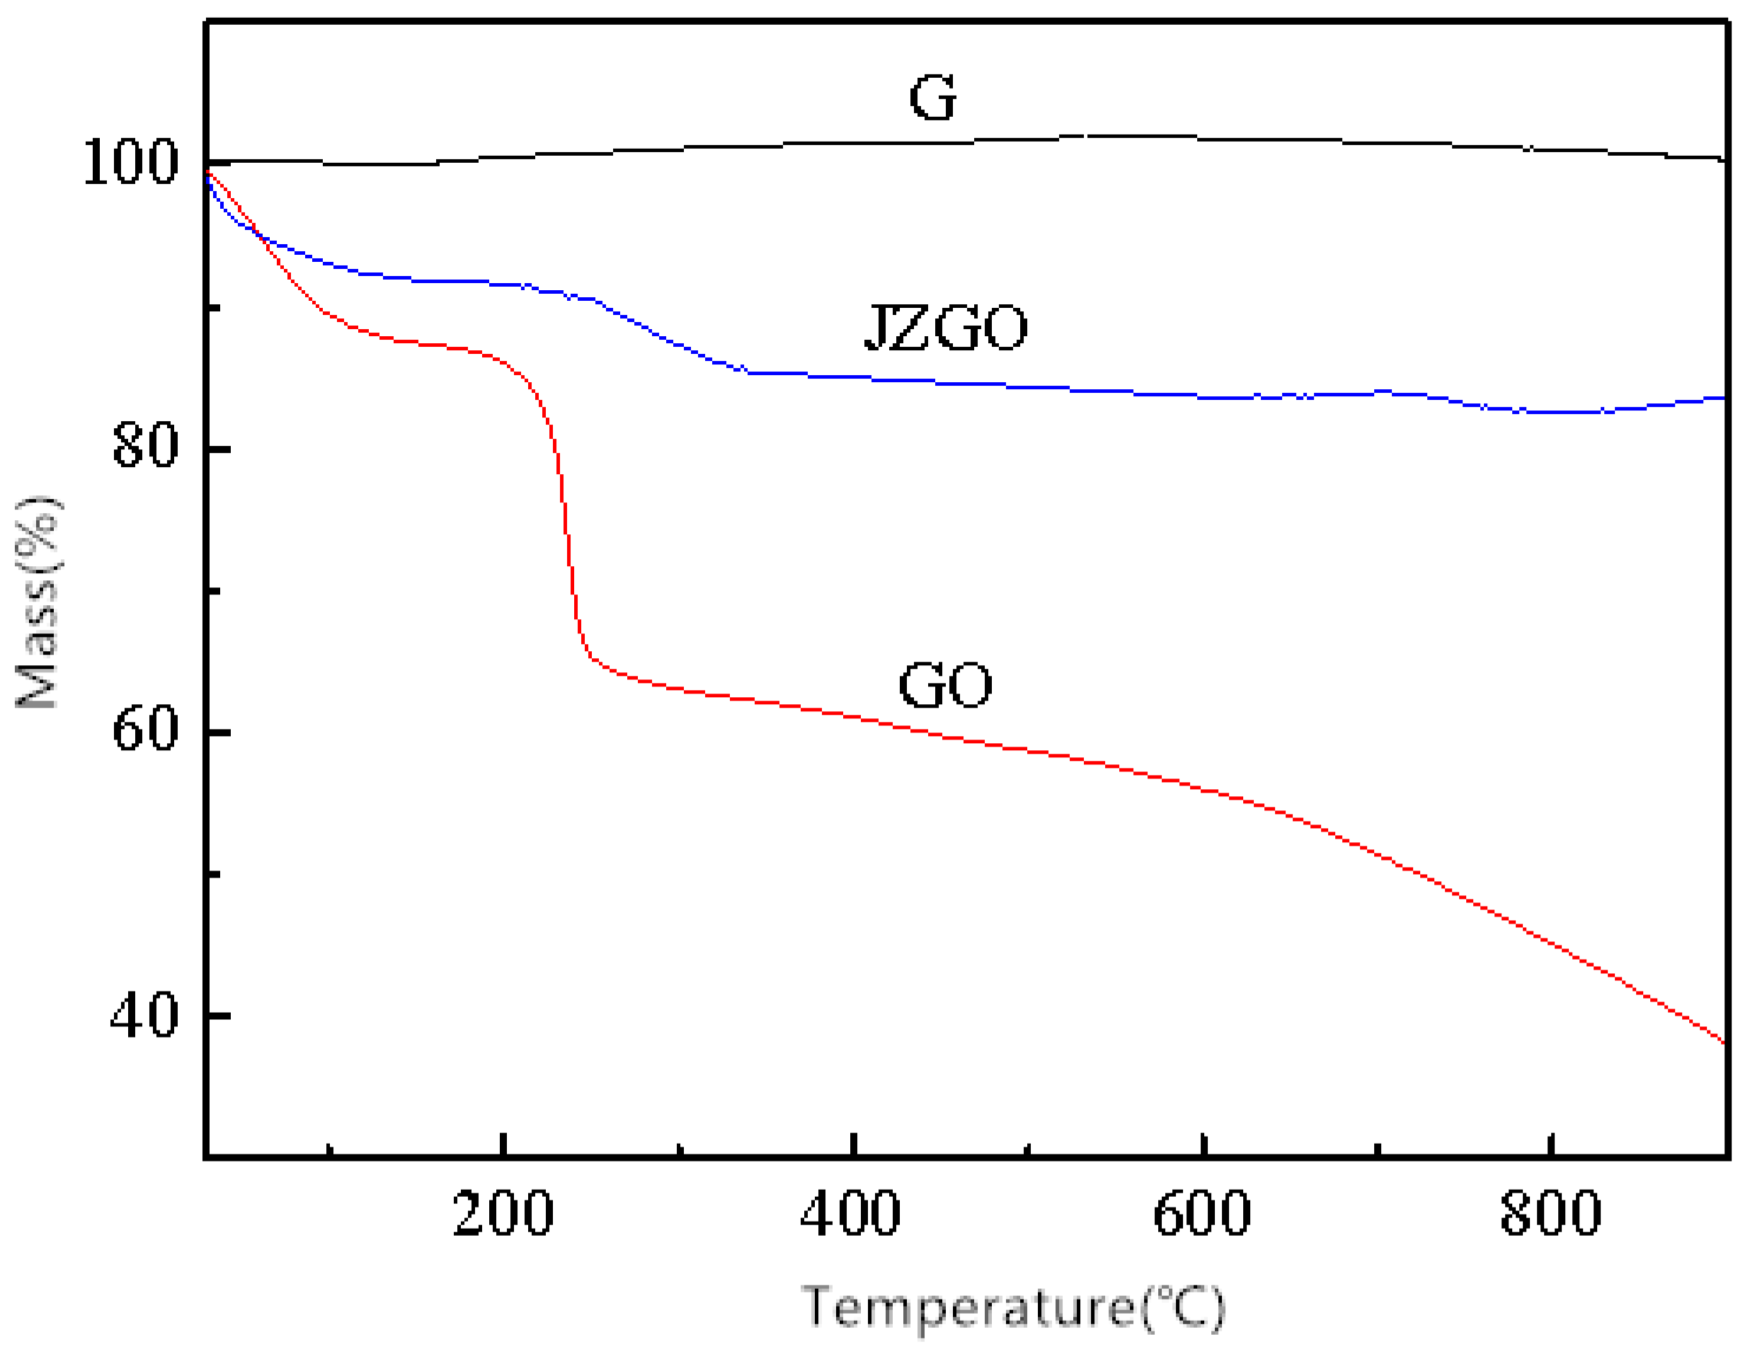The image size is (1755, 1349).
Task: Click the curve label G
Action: pos(932,98)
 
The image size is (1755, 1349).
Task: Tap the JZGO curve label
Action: pos(945,328)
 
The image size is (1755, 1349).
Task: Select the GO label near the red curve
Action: pos(944,685)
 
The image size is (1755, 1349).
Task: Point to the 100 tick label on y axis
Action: pos(130,163)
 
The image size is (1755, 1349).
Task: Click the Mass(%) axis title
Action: pos(38,602)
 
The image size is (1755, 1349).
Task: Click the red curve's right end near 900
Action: pos(1722,1041)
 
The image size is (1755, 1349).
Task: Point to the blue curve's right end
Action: pos(1722,398)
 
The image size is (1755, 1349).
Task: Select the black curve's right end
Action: pos(1722,159)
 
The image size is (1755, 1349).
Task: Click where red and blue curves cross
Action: pos(258,234)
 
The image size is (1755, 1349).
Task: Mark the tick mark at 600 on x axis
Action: pos(1202,1144)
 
